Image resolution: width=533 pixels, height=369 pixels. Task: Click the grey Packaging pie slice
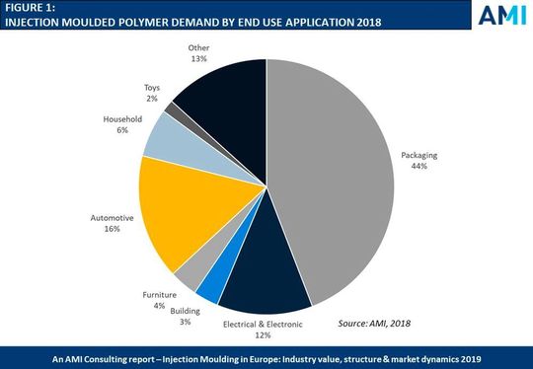(x=336, y=178)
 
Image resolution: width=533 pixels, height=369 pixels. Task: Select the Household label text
(x=122, y=119)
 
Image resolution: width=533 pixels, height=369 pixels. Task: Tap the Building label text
(x=184, y=311)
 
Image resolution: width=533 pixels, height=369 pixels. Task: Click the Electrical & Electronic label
(x=262, y=324)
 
